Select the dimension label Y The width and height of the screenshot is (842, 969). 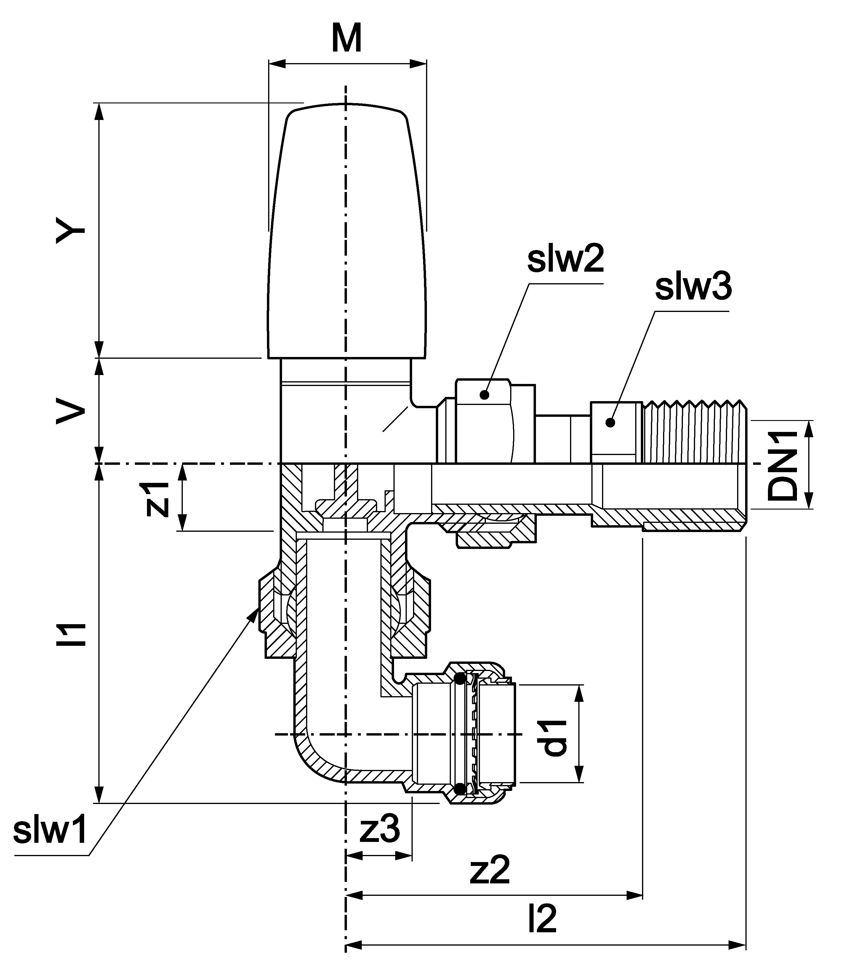[71, 230]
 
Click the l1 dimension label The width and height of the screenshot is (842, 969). [71, 634]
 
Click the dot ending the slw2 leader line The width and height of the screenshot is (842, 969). [484, 395]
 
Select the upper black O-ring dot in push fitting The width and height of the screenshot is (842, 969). [460, 679]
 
